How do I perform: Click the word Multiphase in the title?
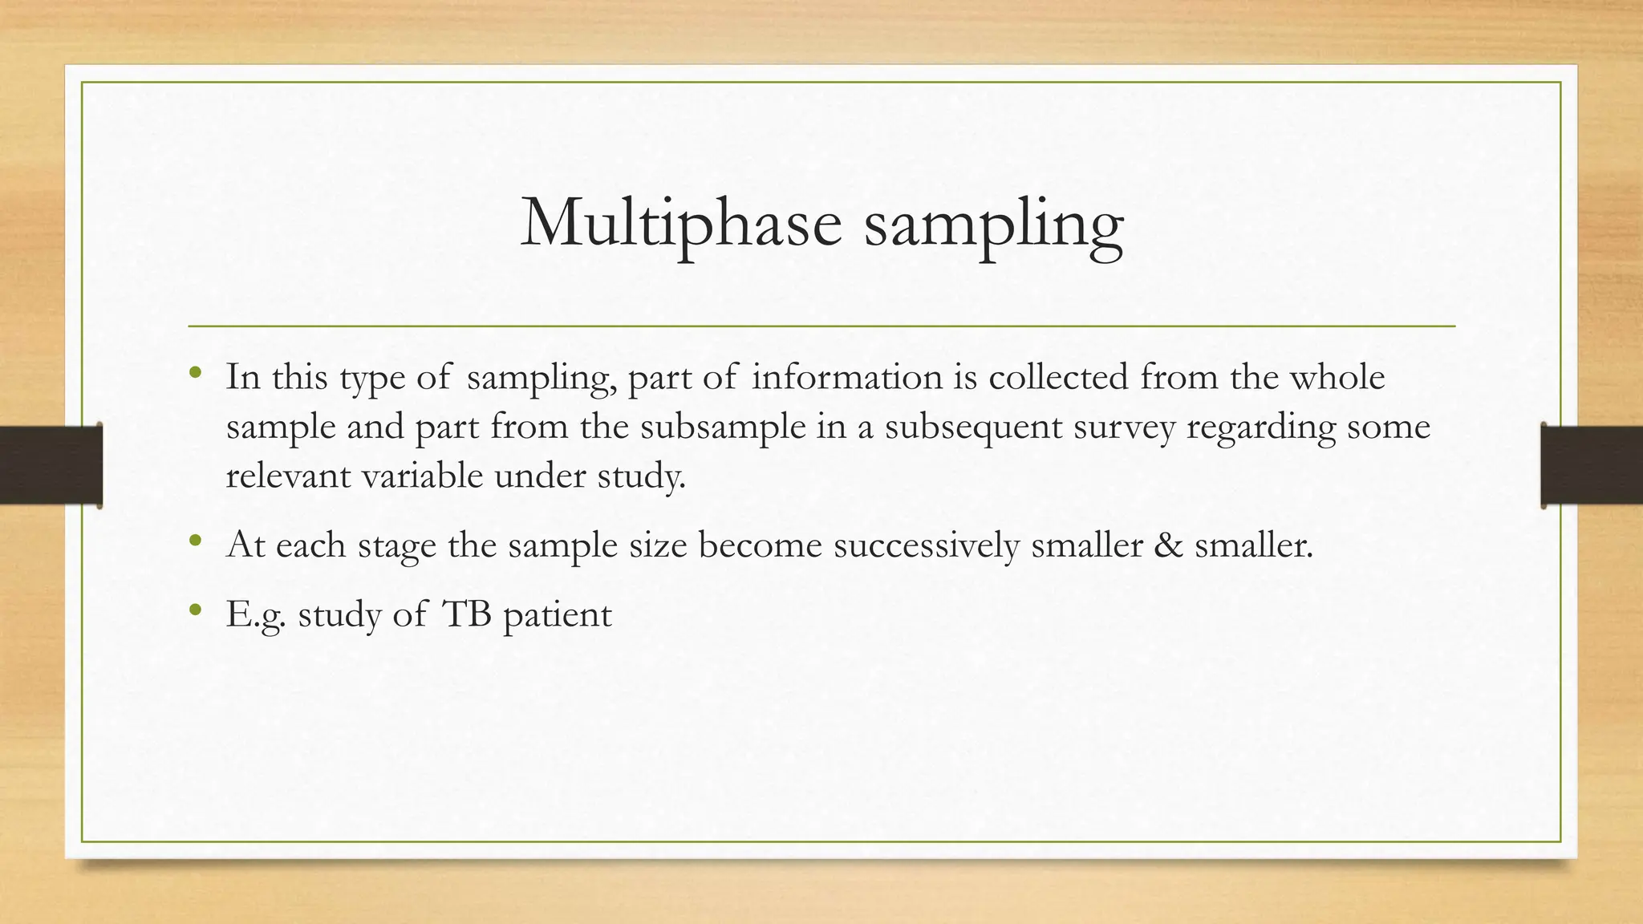pyautogui.click(x=681, y=222)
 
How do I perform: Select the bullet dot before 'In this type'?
pyautogui.click(x=195, y=372)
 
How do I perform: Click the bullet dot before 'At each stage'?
pyautogui.click(x=195, y=540)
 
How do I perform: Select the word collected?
pyautogui.click(x=1058, y=377)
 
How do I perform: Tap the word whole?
pyautogui.click(x=1337, y=377)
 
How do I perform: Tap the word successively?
pyautogui.click(x=926, y=546)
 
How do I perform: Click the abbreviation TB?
pyautogui.click(x=466, y=614)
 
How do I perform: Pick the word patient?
pyautogui.click(x=557, y=616)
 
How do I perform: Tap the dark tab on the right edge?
pyautogui.click(x=1592, y=465)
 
